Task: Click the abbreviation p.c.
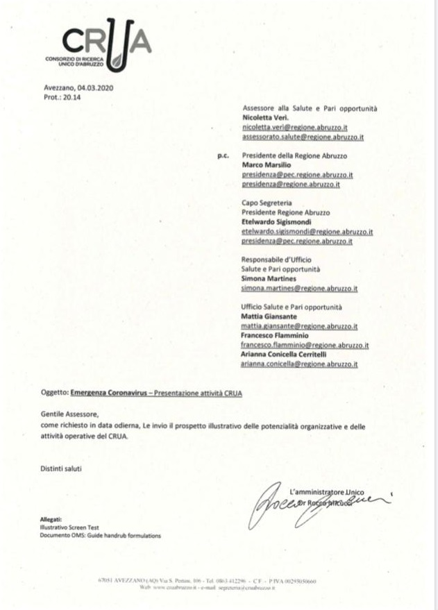click(224, 156)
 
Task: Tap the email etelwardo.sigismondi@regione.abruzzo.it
click(308, 232)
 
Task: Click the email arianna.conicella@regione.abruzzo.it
click(299, 364)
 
